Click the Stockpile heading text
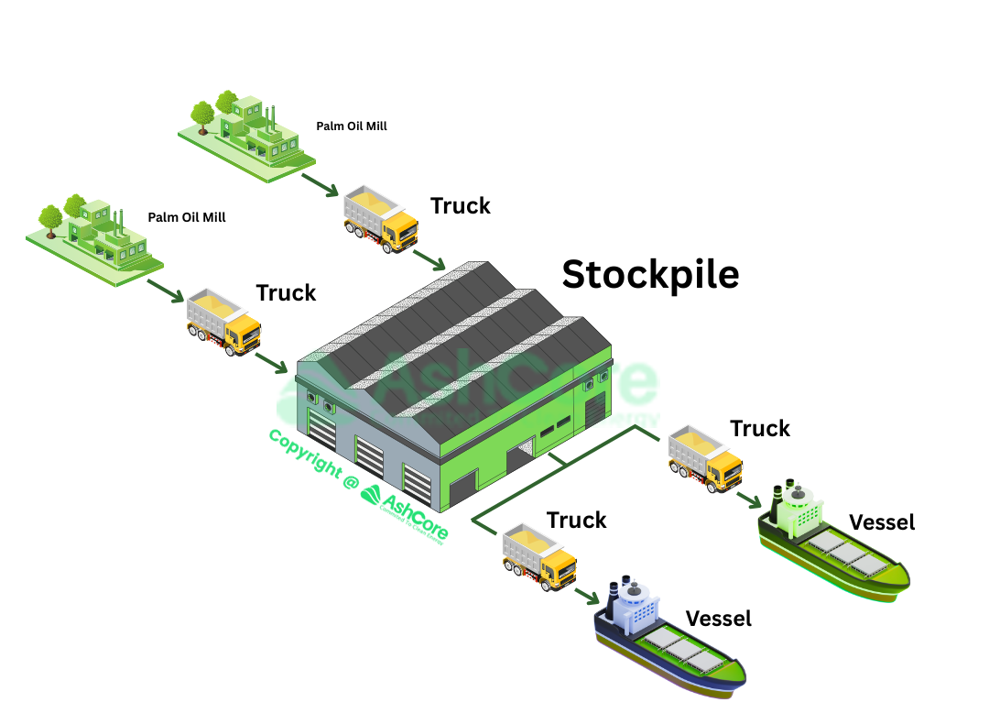[650, 274]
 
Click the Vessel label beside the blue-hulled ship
[718, 619]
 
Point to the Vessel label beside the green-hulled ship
[882, 522]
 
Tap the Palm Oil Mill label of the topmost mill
[352, 126]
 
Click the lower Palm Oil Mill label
[187, 218]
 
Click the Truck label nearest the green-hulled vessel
[760, 428]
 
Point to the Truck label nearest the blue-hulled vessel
[577, 521]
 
